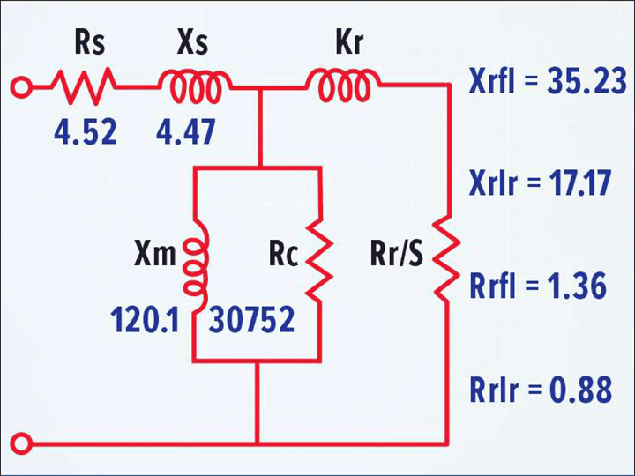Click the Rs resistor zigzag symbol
[x=83, y=86]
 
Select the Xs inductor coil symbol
[x=196, y=85]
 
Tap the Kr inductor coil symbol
[x=344, y=85]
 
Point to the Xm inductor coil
[x=195, y=259]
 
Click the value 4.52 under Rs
[x=83, y=133]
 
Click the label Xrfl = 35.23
[x=548, y=85]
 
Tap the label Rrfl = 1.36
[x=538, y=286]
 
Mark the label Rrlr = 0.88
[x=539, y=389]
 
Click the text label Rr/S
[x=396, y=257]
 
